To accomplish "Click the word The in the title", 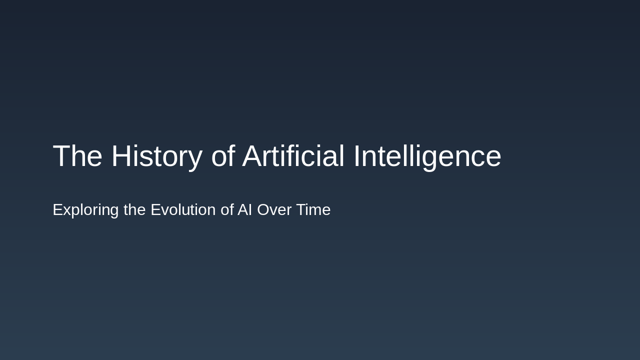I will (77, 156).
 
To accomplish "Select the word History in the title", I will (156, 156).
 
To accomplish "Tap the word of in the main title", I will (223, 156).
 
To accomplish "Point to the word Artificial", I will (293, 156).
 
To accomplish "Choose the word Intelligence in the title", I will (427, 156).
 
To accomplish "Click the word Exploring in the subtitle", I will (85, 210).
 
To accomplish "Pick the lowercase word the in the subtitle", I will (134, 210).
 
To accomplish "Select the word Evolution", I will (183, 210).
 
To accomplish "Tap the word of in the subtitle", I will (227, 210).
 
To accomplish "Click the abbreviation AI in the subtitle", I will (244, 210).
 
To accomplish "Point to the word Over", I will (274, 210).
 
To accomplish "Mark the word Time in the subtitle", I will (313, 210).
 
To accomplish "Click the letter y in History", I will (195, 159).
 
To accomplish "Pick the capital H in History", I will (121, 156).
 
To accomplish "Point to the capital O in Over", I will (263, 210).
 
